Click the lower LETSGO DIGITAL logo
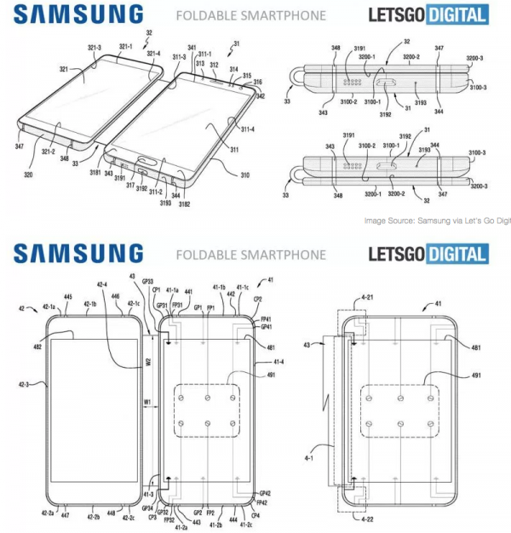428,14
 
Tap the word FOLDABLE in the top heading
204,15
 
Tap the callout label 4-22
365,519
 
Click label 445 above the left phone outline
67,297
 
